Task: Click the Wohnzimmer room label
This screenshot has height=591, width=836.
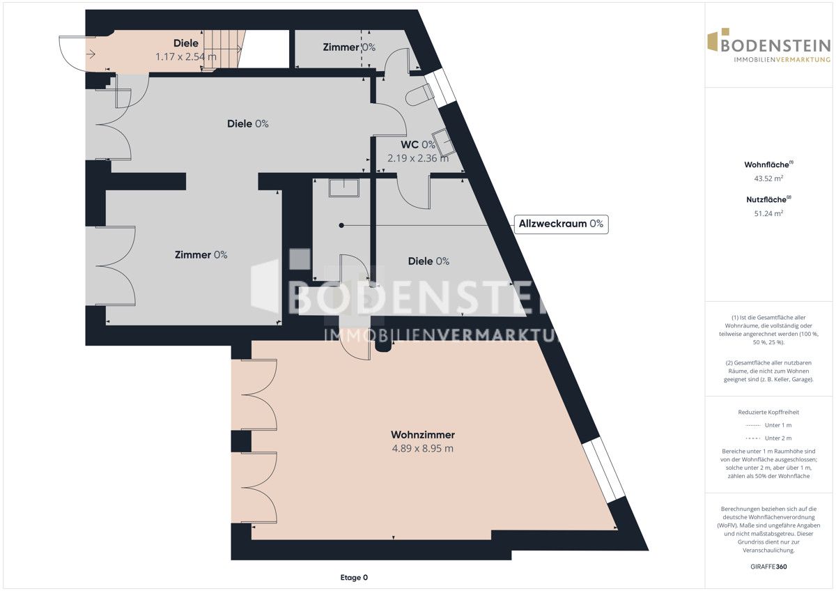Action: [x=422, y=435]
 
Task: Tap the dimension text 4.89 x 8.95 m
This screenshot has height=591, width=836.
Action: [x=422, y=448]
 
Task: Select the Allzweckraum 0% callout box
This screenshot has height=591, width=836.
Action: [x=561, y=224]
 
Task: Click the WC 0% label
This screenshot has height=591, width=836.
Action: [x=418, y=144]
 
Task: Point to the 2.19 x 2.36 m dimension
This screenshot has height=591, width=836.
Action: [x=418, y=158]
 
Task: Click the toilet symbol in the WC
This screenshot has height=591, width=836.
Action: [x=420, y=95]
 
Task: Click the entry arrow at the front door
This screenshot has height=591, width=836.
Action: [x=91, y=54]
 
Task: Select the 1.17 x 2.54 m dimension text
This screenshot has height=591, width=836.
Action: [x=186, y=56]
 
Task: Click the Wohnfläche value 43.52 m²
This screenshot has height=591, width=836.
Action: [x=768, y=178]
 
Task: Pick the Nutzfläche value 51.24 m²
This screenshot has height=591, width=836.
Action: [x=768, y=213]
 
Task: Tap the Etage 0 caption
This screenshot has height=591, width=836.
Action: [x=354, y=578]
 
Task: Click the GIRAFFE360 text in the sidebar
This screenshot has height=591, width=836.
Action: [x=768, y=567]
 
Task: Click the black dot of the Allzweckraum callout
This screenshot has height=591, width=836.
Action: [x=341, y=226]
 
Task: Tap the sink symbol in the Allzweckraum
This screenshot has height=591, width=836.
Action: [x=343, y=187]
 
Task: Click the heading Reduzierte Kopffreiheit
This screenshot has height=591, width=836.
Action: [x=768, y=412]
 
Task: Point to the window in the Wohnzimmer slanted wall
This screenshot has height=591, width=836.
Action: [x=603, y=470]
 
